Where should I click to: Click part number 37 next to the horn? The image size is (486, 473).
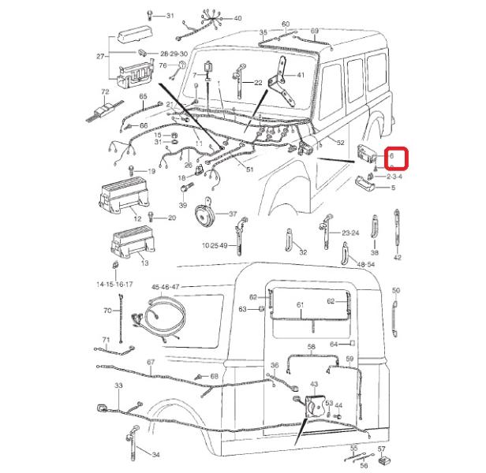point(233,214)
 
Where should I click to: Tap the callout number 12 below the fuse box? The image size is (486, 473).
point(137,218)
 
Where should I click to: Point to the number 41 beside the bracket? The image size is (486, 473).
point(300,75)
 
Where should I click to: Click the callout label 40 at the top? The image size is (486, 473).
point(237,17)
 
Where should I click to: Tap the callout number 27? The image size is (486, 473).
point(100,56)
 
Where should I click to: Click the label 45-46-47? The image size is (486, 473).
point(166,287)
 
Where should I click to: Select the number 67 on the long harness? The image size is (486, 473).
point(151,362)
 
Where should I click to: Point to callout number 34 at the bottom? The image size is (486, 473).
point(155,455)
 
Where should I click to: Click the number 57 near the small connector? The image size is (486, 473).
point(384,448)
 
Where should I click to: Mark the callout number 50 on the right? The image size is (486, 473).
point(396,290)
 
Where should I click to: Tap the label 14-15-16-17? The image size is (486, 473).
point(114,281)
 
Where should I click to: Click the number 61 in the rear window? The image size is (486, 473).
point(300,304)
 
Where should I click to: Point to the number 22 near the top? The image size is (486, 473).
point(257,83)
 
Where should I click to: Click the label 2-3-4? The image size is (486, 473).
point(394,177)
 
